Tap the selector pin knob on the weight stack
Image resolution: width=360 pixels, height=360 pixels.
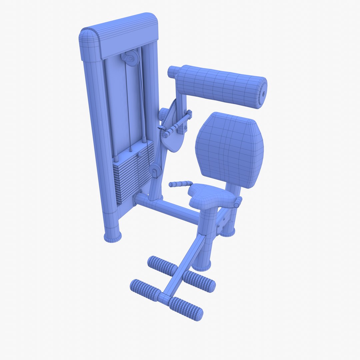point(140,155)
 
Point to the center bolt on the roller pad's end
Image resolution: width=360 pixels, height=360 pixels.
point(264,94)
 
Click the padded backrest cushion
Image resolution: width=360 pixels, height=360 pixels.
point(230,150)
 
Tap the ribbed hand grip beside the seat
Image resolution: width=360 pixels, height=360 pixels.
point(180,184)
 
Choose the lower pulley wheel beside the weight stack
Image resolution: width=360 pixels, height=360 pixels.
point(155,171)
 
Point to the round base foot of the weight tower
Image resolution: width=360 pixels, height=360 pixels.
point(112,236)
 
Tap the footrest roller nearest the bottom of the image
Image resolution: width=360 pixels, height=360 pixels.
point(186,309)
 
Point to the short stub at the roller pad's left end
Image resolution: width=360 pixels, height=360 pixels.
point(173,72)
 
